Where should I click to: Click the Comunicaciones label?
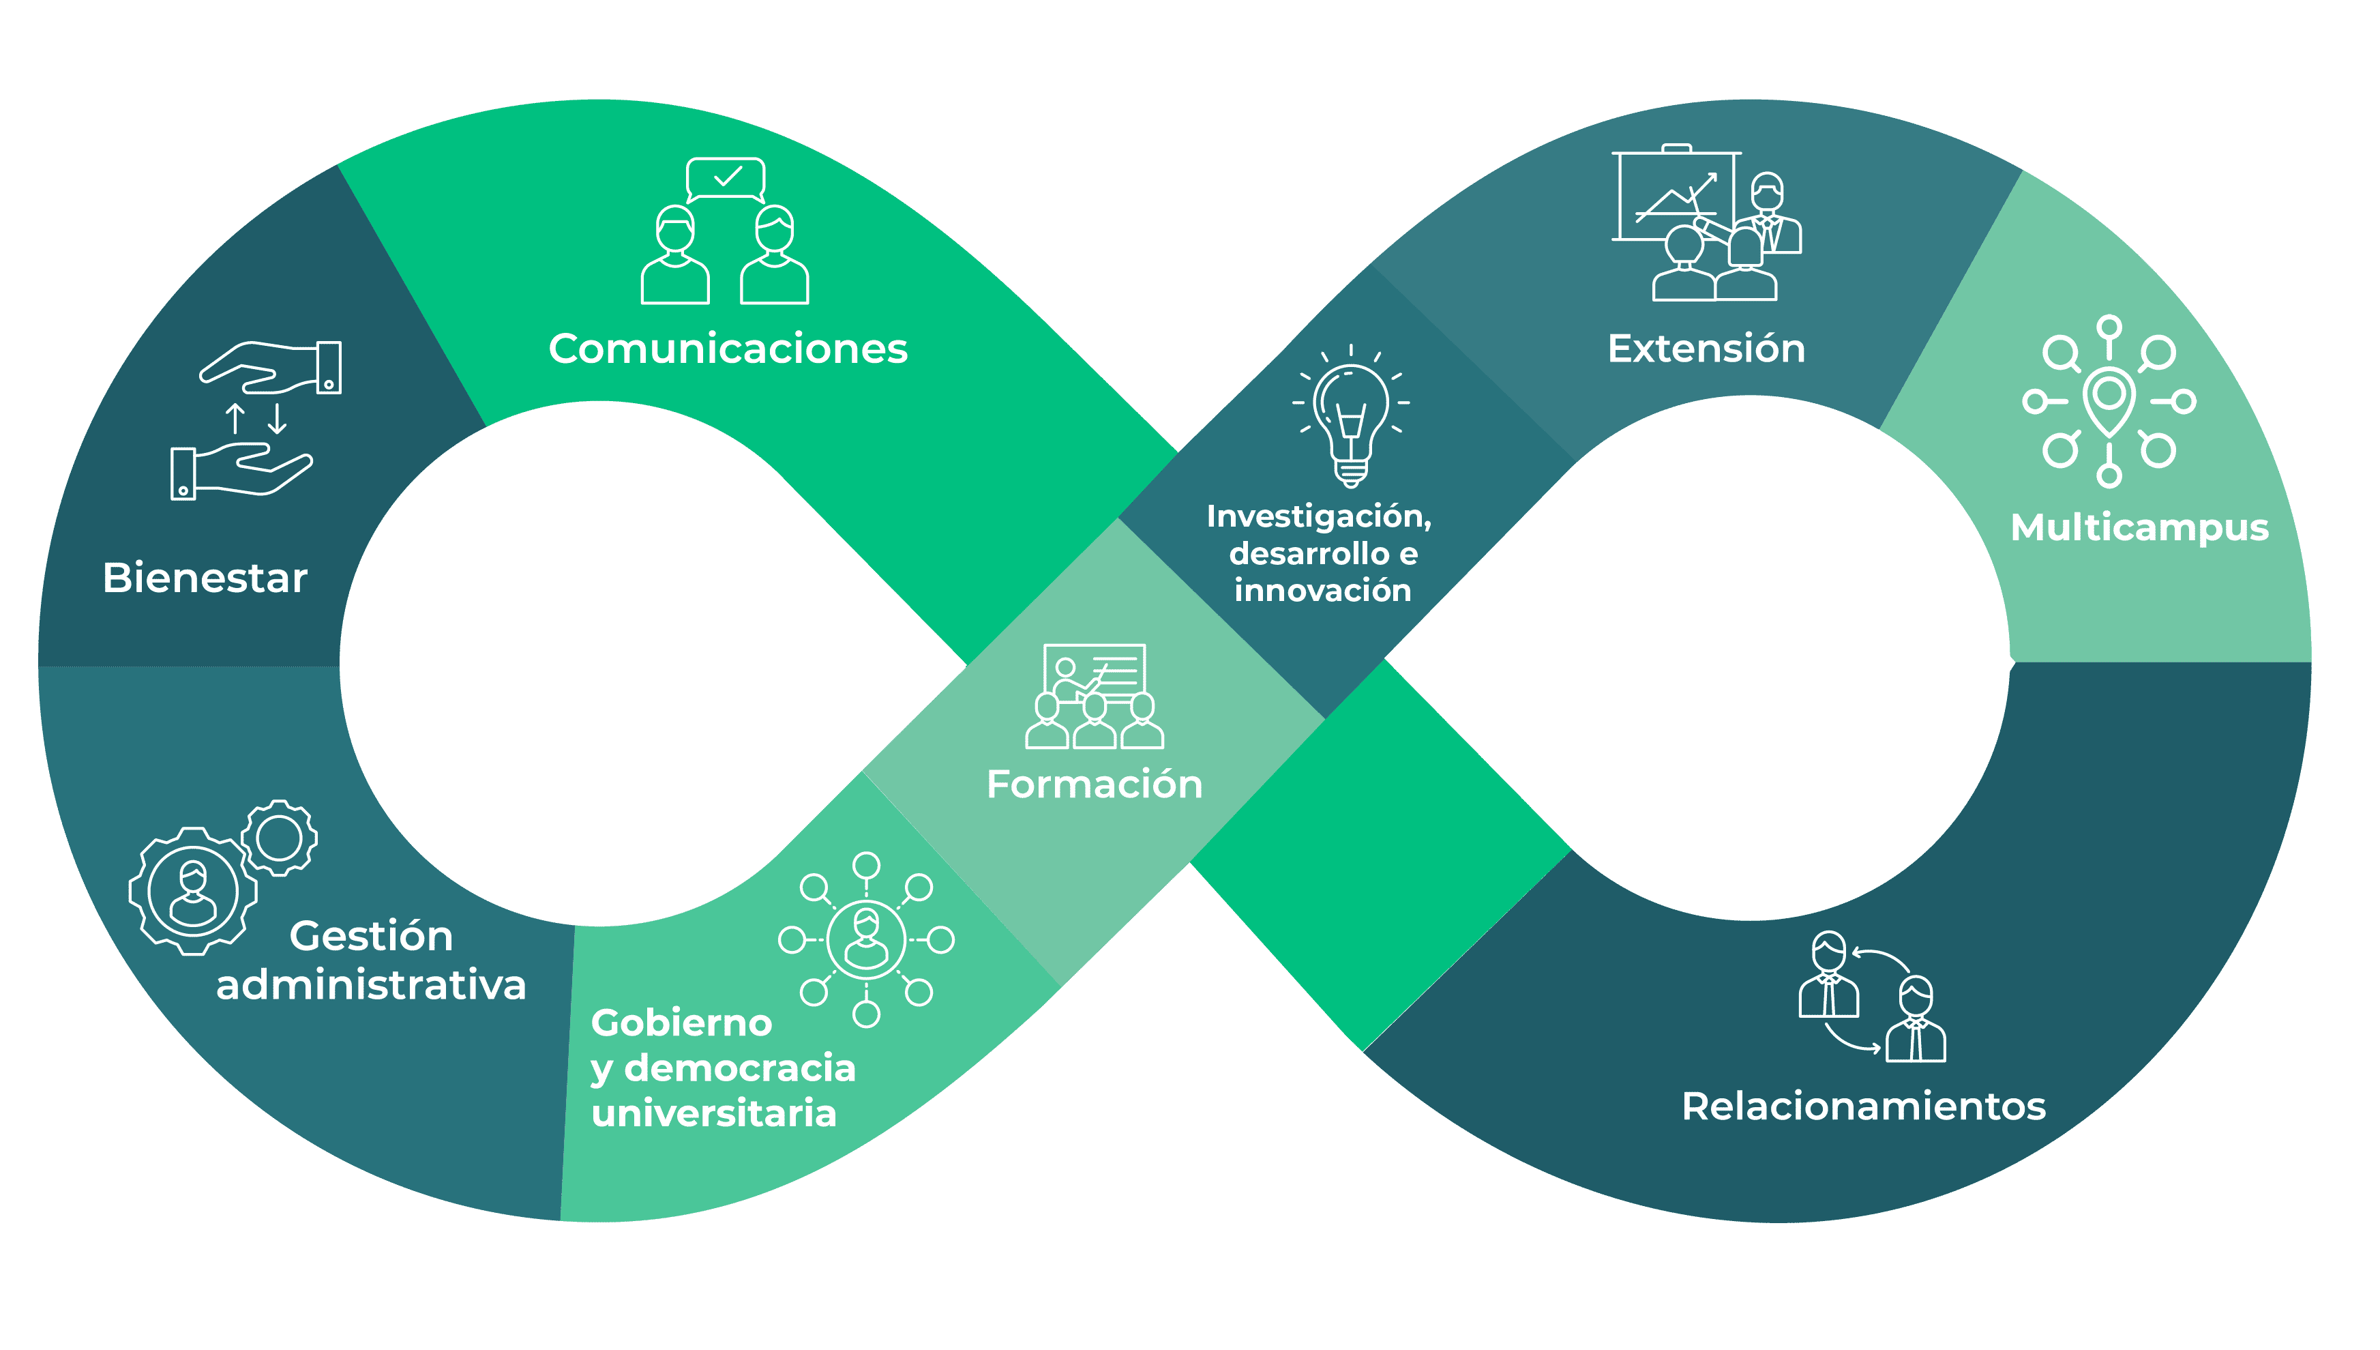click(728, 349)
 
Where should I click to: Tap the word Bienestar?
click(205, 578)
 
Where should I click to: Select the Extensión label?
click(1706, 349)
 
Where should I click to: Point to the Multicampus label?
click(2139, 527)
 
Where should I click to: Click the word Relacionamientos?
click(1864, 1106)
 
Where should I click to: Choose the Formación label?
click(1095, 784)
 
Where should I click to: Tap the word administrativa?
click(371, 984)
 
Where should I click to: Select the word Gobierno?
click(681, 1023)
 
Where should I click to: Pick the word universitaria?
click(713, 1113)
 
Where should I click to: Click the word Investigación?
click(1319, 516)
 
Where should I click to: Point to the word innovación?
click(1322, 591)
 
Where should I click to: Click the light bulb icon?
click(1351, 417)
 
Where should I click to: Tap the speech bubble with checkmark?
click(726, 178)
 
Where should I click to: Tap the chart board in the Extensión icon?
click(1673, 196)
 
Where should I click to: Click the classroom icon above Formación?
click(1095, 697)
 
